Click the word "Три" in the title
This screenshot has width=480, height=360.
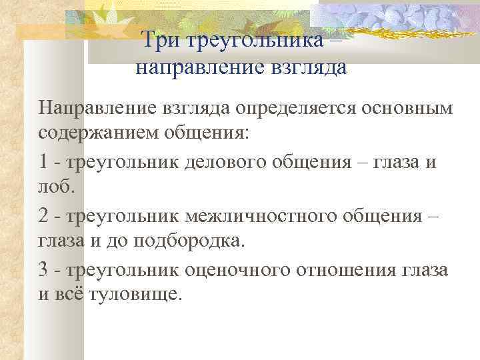(x=163, y=42)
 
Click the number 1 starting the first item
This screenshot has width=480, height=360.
(x=43, y=161)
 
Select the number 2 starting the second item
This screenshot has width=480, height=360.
(x=43, y=215)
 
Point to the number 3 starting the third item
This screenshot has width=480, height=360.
(x=43, y=270)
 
